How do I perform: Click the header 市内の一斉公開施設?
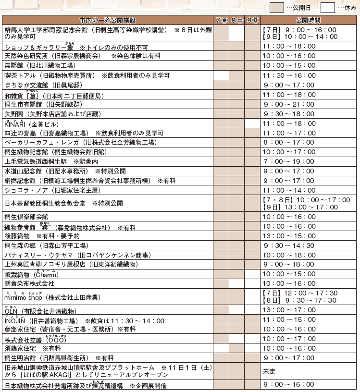tap(108, 21)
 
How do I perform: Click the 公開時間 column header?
tap(309, 21)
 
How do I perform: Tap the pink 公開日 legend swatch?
tap(276, 8)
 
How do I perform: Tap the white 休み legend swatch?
tap(328, 8)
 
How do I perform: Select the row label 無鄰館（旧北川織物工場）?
tap(40, 65)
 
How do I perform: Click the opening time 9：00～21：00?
tap(289, 104)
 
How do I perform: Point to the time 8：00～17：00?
tap(289, 142)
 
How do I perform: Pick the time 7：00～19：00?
tap(289, 161)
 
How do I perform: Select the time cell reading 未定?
tap(269, 371)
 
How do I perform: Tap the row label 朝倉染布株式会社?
tap(29, 283)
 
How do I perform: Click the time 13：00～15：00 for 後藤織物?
tap(289, 236)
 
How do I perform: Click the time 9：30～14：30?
tap(289, 245)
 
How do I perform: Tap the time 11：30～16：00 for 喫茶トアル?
tap(289, 75)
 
